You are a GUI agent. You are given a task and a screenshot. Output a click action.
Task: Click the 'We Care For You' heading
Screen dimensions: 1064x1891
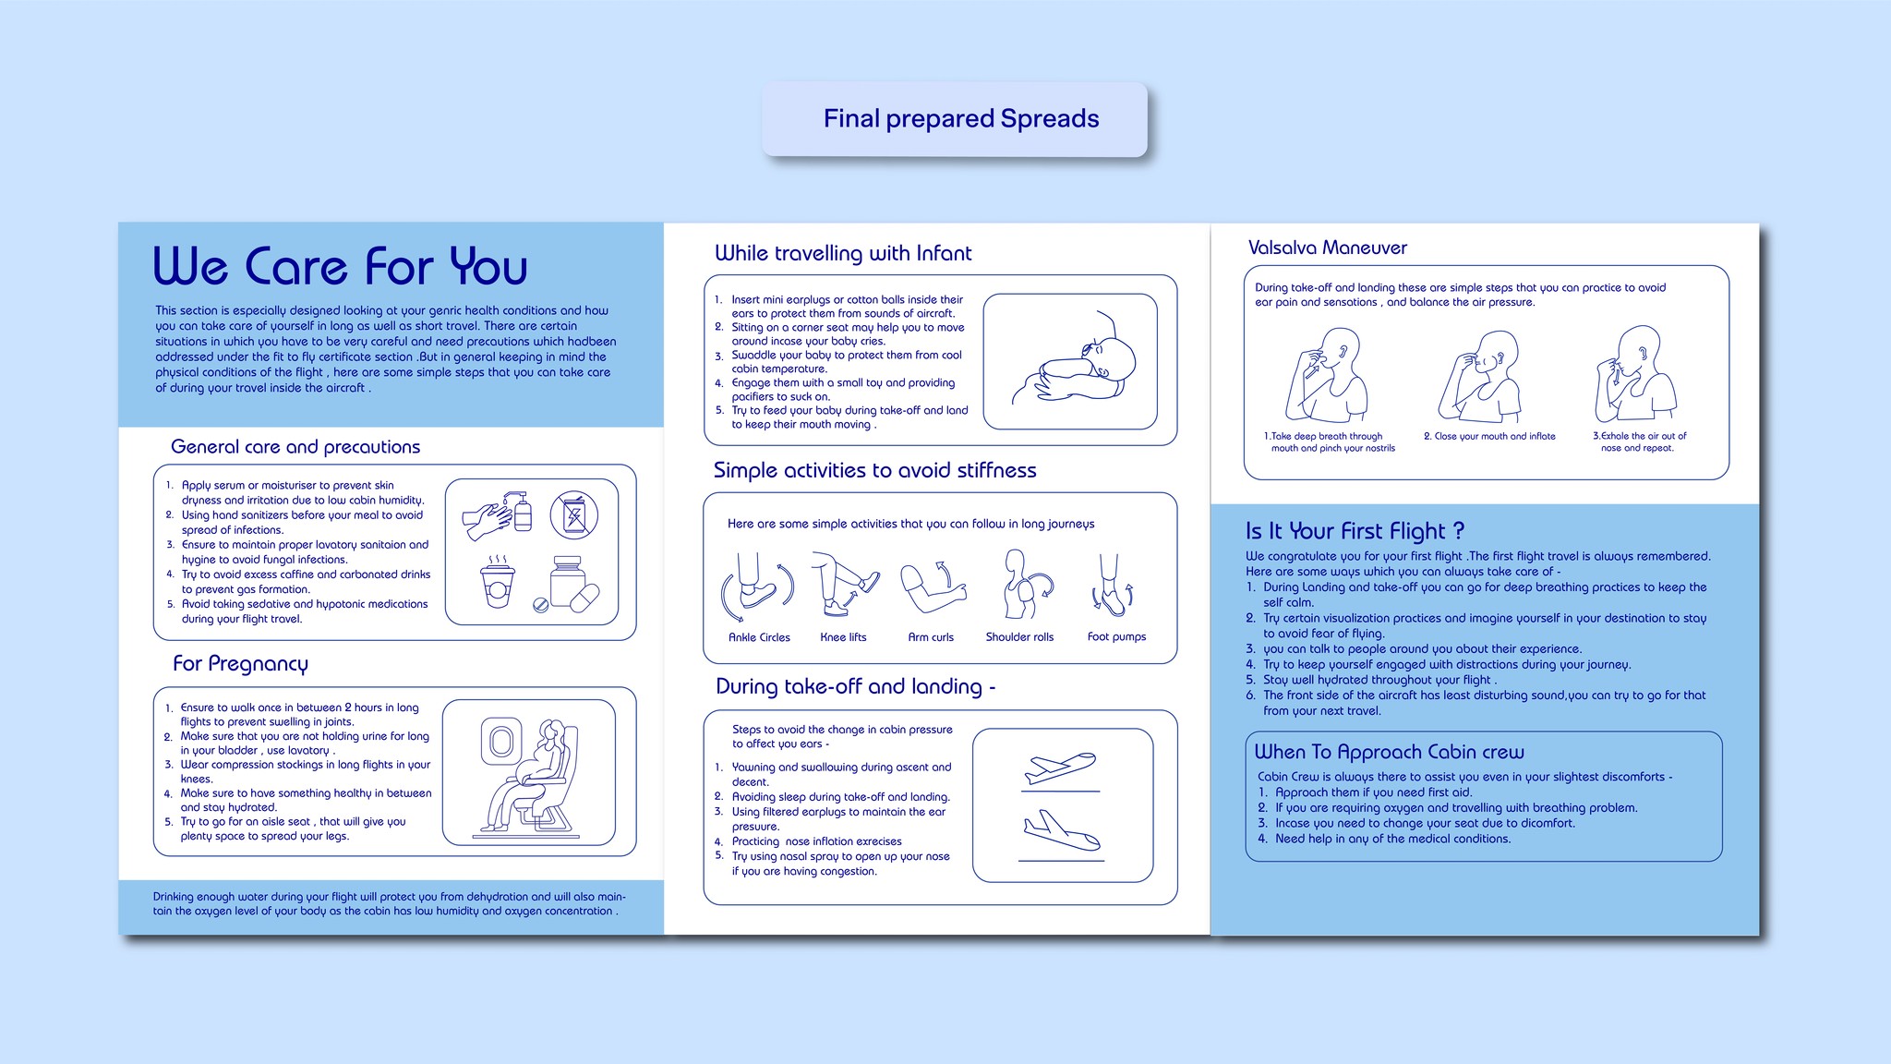coord(340,266)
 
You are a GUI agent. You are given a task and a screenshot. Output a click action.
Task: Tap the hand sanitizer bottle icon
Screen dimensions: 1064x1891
coord(522,512)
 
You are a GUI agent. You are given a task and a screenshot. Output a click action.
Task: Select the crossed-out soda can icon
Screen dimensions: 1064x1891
coord(573,515)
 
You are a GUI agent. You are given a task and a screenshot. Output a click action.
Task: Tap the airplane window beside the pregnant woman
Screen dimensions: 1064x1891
coord(500,741)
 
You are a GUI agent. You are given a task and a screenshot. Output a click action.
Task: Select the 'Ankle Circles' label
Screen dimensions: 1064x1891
coord(759,637)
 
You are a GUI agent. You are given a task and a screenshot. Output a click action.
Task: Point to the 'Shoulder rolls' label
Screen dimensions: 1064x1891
coord(1019,637)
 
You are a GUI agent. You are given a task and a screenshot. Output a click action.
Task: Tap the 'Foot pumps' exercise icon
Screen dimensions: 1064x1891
coord(1112,586)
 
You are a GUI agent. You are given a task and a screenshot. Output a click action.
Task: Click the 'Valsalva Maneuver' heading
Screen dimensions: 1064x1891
coord(1327,248)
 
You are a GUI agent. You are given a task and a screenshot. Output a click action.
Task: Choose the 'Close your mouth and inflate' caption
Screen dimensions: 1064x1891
coord(1489,436)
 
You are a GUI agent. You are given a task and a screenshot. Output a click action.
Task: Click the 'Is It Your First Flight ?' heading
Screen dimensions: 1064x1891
coord(1355,531)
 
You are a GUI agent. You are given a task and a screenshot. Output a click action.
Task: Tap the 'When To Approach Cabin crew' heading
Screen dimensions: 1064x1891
coord(1389,752)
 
